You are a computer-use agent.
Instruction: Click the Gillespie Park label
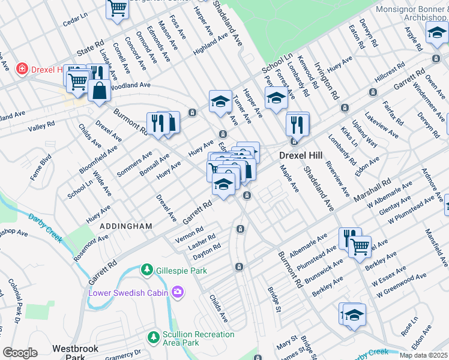pos(179,271)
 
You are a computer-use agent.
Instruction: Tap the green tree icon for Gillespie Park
pos(146,271)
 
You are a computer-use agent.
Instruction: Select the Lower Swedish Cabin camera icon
pos(177,292)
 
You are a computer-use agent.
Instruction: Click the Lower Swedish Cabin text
pos(128,293)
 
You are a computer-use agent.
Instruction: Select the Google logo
pos(20,353)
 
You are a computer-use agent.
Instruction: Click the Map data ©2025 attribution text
pos(423,355)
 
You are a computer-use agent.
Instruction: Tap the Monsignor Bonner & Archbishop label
pos(412,14)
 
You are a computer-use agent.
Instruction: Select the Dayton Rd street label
pos(208,250)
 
